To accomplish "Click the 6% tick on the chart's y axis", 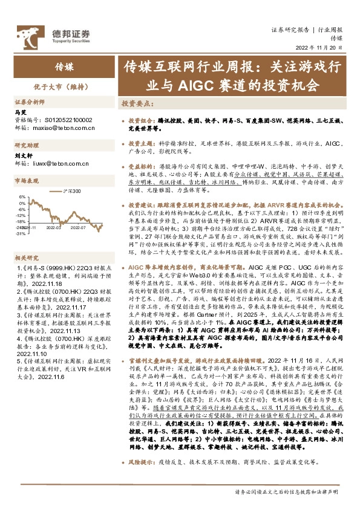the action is pos(21,197).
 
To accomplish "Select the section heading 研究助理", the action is pos(27,146).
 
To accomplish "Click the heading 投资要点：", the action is pos(136,103).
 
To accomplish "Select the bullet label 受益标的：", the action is pos(142,165).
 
